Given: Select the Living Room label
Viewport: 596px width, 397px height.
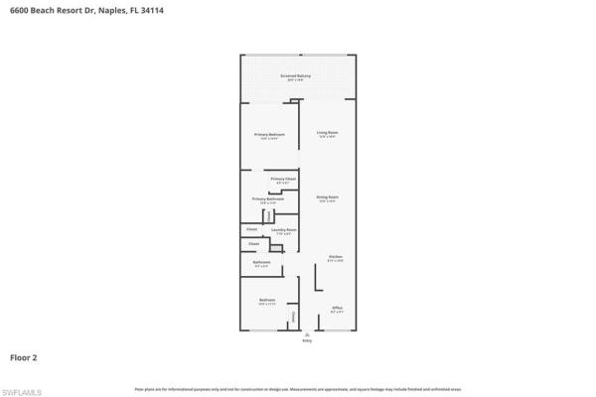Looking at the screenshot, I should [328, 132].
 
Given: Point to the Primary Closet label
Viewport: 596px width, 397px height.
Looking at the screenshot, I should [283, 179].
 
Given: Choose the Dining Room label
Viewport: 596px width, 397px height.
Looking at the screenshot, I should [328, 198].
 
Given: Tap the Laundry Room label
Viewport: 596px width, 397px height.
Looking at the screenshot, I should [284, 229].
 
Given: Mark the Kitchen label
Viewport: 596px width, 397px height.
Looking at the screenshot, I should [336, 257].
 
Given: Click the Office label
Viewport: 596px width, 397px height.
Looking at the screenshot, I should [338, 308].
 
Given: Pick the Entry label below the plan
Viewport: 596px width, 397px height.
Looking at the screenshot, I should [306, 341].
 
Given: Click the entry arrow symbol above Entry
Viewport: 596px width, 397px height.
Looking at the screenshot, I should [306, 334].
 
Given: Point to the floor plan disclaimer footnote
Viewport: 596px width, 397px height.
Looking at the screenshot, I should [298, 386].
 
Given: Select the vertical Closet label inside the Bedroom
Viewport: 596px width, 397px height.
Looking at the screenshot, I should [294, 318].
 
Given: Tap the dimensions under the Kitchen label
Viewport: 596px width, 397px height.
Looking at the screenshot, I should [336, 261].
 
